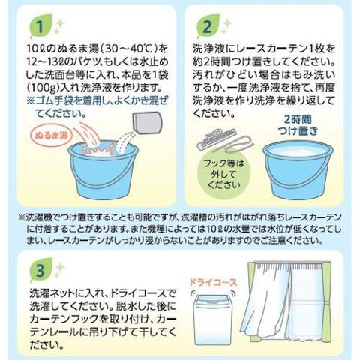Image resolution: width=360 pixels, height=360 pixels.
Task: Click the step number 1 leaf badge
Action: (41, 26)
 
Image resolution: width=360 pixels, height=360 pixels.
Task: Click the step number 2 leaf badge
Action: (208, 26)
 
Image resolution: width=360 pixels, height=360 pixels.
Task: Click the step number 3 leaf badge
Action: (41, 270)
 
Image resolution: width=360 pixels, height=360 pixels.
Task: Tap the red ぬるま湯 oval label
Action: (51, 136)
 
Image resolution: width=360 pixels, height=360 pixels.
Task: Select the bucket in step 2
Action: (298, 171)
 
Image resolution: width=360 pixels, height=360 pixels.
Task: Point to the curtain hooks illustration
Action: (223, 142)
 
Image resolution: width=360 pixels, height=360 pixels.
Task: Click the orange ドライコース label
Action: (213, 283)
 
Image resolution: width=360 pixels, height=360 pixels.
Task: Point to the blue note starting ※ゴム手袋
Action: (97, 107)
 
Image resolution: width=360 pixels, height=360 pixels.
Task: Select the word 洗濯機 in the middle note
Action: (40, 217)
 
